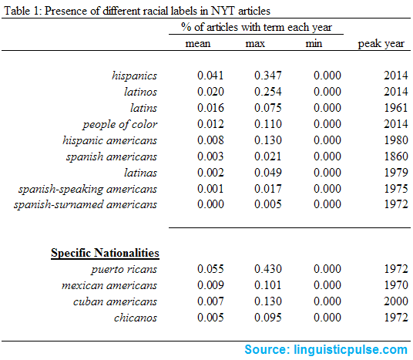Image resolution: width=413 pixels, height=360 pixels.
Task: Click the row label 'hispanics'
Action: [135, 76]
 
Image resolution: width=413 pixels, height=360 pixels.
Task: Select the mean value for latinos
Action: [197, 92]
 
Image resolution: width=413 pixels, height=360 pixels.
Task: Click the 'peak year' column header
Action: [381, 43]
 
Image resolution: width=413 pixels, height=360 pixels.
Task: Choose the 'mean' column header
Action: [197, 43]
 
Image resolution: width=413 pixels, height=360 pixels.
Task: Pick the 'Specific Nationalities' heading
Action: [105, 252]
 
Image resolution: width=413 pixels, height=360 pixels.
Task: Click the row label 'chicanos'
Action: [135, 318]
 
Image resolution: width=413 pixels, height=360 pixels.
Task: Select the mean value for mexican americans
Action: [197, 285]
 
